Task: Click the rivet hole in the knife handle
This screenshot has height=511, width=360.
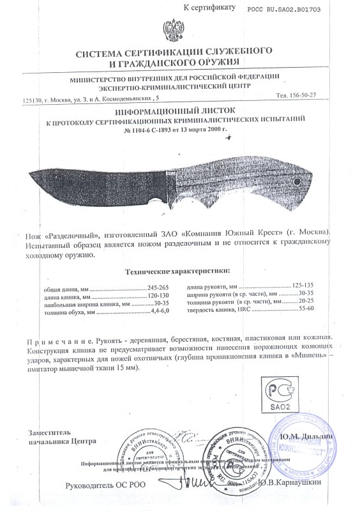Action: point(299,182)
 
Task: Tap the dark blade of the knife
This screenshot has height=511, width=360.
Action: point(96,185)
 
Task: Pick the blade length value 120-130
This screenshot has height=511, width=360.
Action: point(159,296)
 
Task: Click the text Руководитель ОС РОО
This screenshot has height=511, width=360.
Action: point(105,484)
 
